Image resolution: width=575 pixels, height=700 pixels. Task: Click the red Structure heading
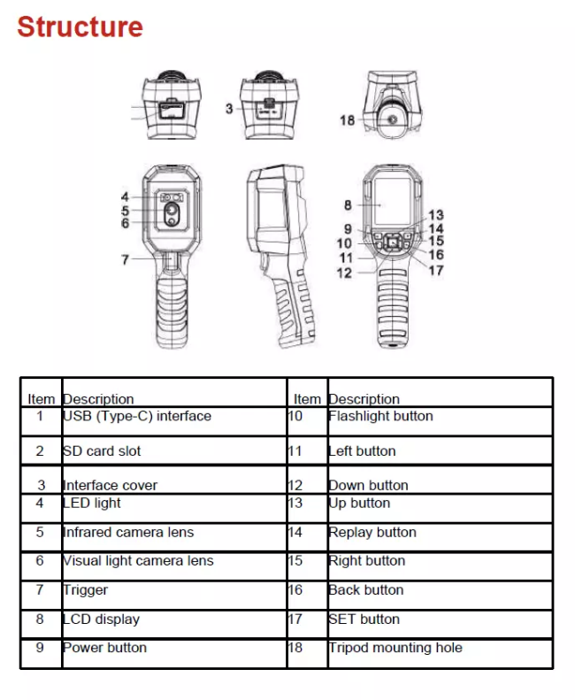coord(80,27)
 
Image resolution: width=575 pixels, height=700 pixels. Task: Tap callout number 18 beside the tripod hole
coord(347,119)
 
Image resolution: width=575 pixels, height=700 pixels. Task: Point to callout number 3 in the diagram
coord(229,108)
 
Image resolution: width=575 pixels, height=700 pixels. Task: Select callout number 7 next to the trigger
coord(125,260)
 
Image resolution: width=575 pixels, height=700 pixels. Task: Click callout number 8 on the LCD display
coord(348,205)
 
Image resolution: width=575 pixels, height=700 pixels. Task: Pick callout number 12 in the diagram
coord(344,273)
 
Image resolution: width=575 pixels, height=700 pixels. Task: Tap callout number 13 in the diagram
coord(435,215)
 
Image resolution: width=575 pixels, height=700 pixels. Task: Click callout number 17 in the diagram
coord(435,271)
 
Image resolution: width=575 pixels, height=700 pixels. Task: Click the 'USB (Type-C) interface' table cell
coord(137,416)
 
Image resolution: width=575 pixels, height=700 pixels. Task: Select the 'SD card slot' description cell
coord(102,451)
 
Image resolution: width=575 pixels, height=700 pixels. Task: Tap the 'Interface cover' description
coord(111,485)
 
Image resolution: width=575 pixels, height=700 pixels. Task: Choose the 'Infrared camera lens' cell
coord(128,533)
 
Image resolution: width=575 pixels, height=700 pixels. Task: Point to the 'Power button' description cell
coord(104,648)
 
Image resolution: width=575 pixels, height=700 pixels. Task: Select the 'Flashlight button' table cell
coord(381,416)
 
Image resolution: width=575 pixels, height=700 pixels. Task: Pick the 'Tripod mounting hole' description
coord(395,648)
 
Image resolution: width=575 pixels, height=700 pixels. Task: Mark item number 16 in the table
coord(295,590)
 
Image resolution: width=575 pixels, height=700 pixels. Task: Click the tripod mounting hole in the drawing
coord(390,119)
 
